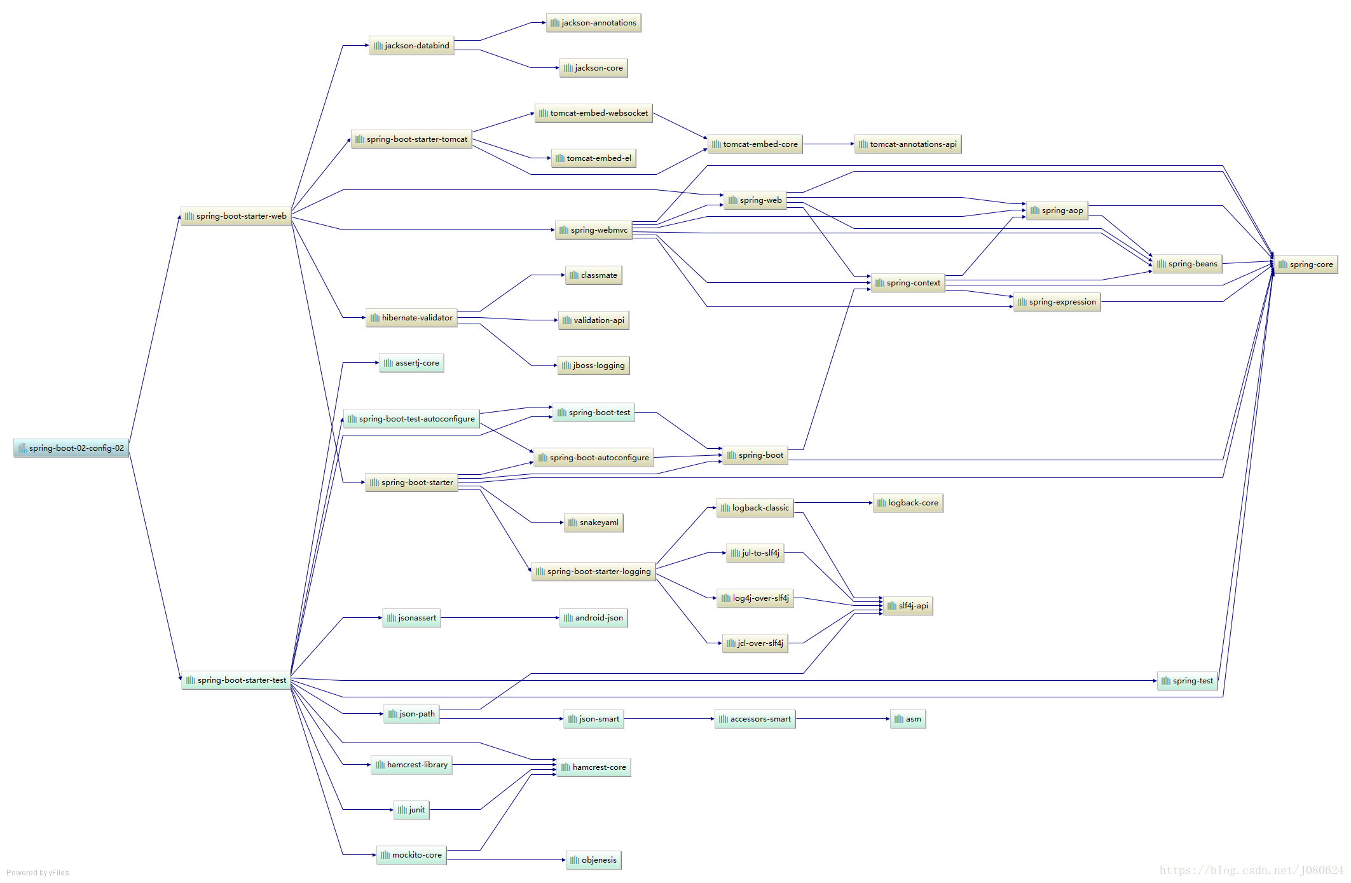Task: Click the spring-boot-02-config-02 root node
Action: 71,448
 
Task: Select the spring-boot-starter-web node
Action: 236,216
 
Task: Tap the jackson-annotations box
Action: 593,23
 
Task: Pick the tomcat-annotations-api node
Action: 907,144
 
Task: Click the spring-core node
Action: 1305,264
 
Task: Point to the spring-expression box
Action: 1057,302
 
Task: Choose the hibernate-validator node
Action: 411,318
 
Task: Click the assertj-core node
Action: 411,363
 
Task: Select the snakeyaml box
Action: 593,523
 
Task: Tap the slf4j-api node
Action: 907,606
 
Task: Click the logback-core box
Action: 907,503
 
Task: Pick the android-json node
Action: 593,618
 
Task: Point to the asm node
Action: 907,719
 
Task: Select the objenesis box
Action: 593,860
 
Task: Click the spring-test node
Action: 1187,681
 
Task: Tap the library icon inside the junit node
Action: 402,810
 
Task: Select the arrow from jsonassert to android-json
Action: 500,618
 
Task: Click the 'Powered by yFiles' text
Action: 38,873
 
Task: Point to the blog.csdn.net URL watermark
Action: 1251,870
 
